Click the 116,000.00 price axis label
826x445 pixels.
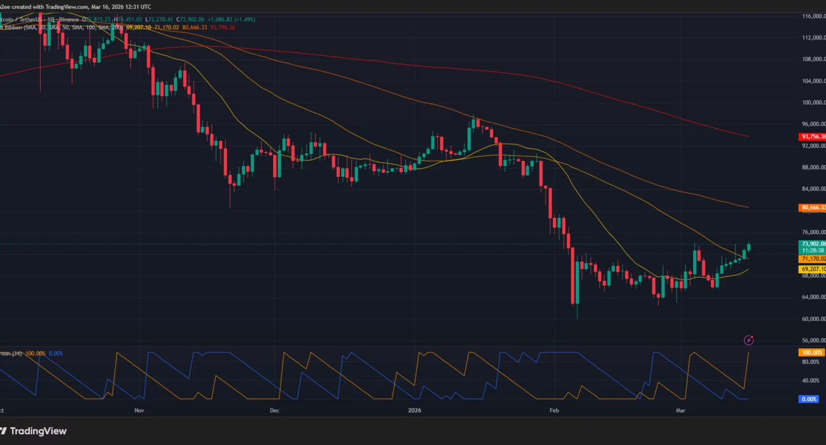812,16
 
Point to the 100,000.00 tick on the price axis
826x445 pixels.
812,102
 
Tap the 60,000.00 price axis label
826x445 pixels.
812,319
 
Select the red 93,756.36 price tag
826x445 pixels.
811,137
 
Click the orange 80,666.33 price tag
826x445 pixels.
811,207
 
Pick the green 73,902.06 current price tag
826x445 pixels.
811,244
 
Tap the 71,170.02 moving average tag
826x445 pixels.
811,259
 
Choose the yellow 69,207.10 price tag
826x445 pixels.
811,270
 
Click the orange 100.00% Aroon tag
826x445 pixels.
811,352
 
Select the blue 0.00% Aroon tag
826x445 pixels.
811,399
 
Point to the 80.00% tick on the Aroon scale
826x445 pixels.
809,362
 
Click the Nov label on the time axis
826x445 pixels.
140,411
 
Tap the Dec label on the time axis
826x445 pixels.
274,411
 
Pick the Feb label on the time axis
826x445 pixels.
554,411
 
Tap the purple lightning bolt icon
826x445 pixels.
749,340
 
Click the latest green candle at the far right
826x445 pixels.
749,247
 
